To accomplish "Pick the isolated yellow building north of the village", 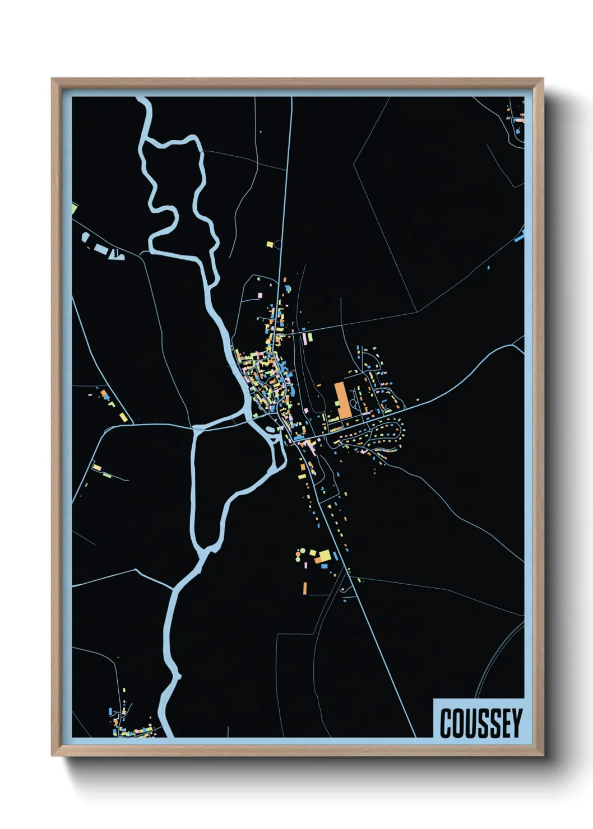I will point(270,244).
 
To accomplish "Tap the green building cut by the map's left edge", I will point(74,209).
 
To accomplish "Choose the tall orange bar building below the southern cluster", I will point(305,588).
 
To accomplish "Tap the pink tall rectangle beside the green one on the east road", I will point(304,338).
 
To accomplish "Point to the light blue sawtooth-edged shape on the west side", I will point(117,255).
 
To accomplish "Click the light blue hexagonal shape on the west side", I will point(85,237).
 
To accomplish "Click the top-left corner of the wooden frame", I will point(52,79).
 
